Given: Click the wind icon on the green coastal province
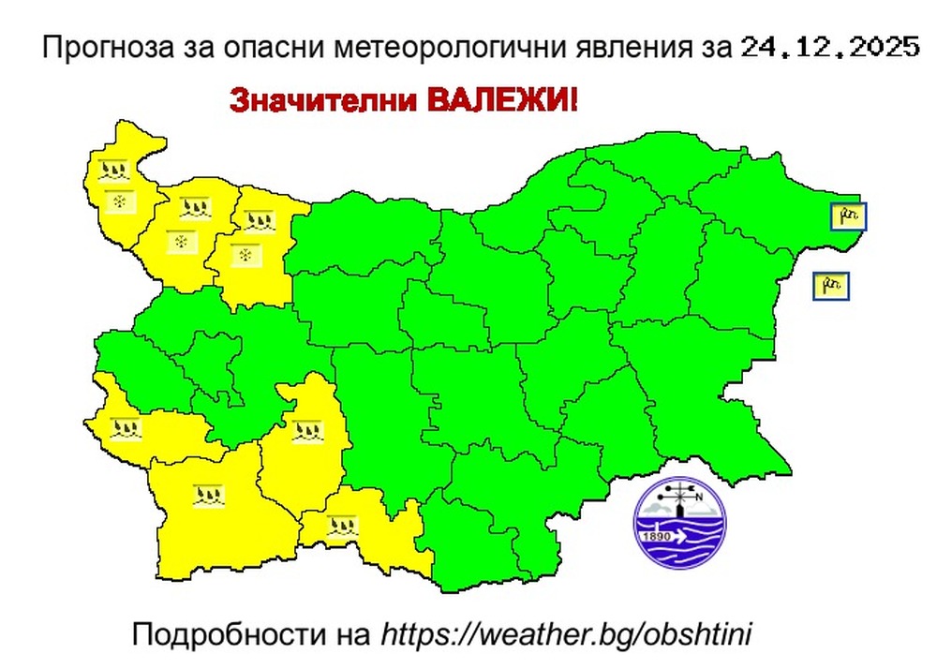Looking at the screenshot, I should click(848, 216).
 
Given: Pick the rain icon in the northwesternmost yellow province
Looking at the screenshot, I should click(113, 171).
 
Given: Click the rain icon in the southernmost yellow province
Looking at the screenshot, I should click(343, 525).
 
